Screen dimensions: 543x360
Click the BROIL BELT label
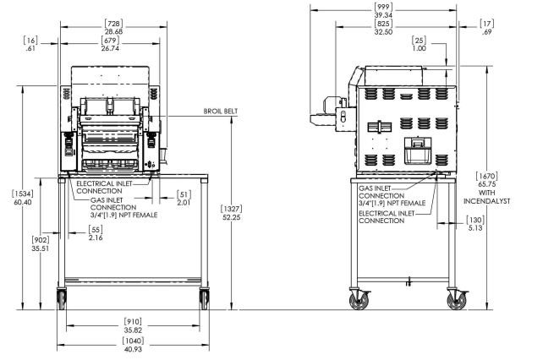(x=221, y=111)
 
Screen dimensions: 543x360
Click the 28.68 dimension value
(x=114, y=31)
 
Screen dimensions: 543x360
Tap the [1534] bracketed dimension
(x=23, y=194)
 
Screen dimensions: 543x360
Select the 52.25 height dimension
(x=232, y=217)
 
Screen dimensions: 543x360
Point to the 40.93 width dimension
(x=133, y=349)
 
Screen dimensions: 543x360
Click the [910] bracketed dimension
(x=133, y=322)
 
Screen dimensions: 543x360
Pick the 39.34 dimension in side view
(x=383, y=15)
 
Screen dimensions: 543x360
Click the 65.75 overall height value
(x=487, y=184)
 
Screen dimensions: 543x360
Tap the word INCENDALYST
(x=487, y=201)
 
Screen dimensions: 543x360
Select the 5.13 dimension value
(x=475, y=228)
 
